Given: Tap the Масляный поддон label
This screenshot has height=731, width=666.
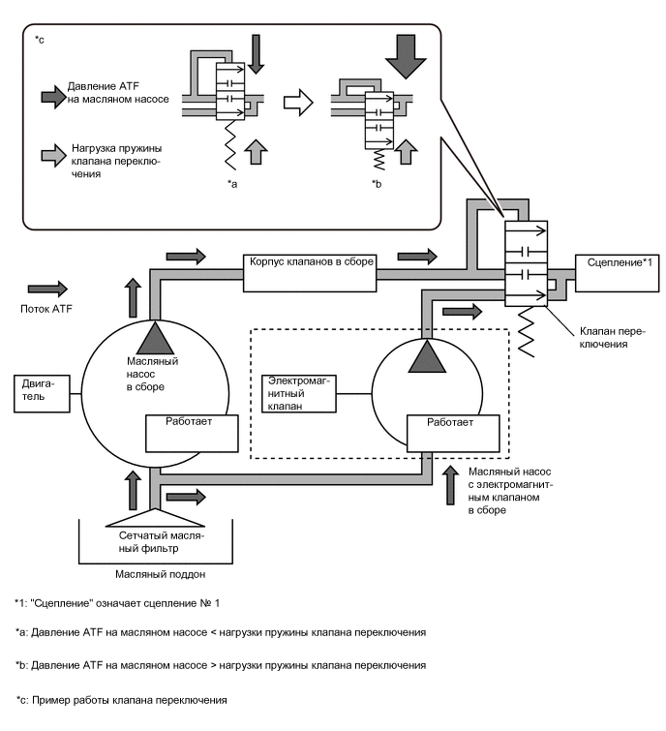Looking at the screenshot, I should (155, 575).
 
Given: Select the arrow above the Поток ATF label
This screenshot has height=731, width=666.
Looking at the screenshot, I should (47, 289).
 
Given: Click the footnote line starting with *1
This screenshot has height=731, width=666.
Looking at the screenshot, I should (118, 604).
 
